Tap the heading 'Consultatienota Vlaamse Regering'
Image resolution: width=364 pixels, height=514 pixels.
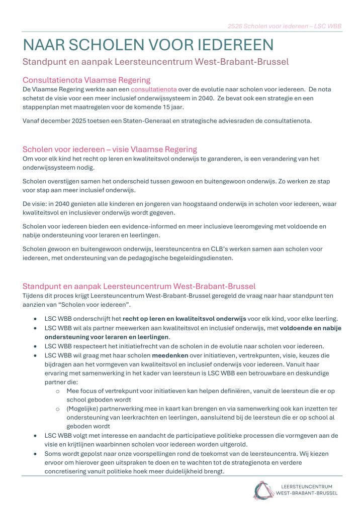(86, 80)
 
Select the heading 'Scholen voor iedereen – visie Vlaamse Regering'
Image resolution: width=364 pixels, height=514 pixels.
(110, 149)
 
